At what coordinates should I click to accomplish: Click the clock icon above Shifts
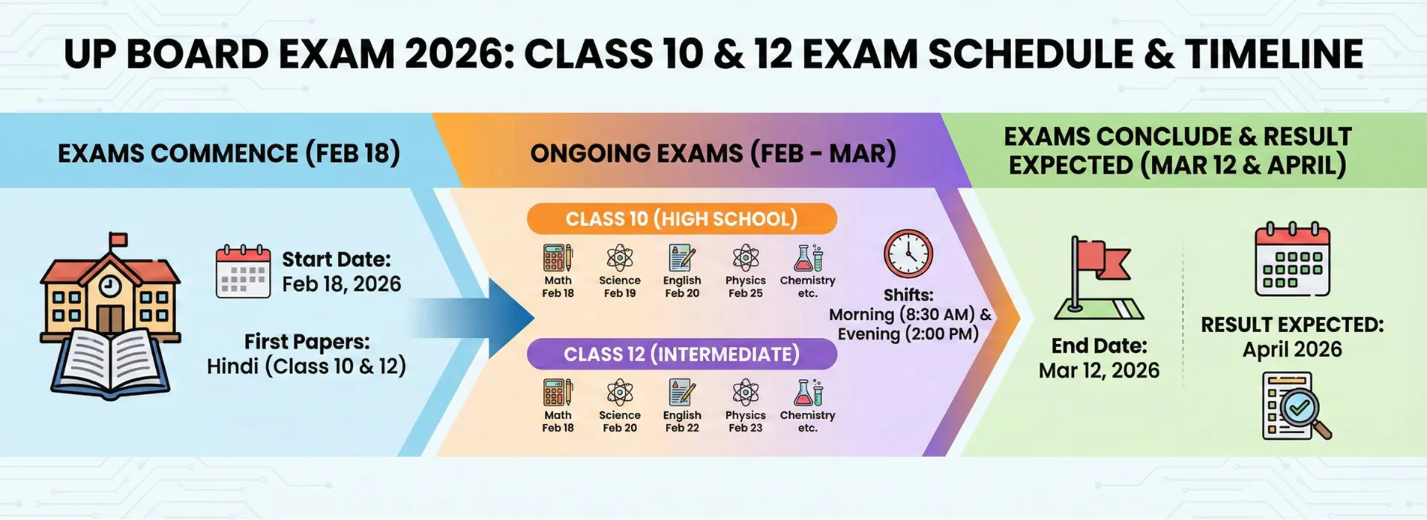(x=907, y=255)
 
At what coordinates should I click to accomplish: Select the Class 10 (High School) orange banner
(x=682, y=218)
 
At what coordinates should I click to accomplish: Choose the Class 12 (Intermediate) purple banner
(x=682, y=354)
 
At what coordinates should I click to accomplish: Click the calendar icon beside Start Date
(x=243, y=272)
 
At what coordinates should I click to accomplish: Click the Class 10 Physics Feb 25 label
(x=745, y=287)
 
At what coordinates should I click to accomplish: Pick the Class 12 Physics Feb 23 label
(x=745, y=421)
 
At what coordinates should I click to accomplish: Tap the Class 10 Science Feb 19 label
(x=620, y=287)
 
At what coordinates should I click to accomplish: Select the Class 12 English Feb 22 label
(x=682, y=421)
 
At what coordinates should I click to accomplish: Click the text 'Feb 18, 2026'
(x=341, y=285)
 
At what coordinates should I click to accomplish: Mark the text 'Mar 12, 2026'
(x=1098, y=371)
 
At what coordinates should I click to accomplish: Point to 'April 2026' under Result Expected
(x=1292, y=350)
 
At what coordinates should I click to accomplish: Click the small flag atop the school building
(x=117, y=240)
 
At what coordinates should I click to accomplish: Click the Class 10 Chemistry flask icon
(x=808, y=258)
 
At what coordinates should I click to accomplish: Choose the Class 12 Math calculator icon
(x=557, y=392)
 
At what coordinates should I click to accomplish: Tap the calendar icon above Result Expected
(x=1292, y=259)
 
